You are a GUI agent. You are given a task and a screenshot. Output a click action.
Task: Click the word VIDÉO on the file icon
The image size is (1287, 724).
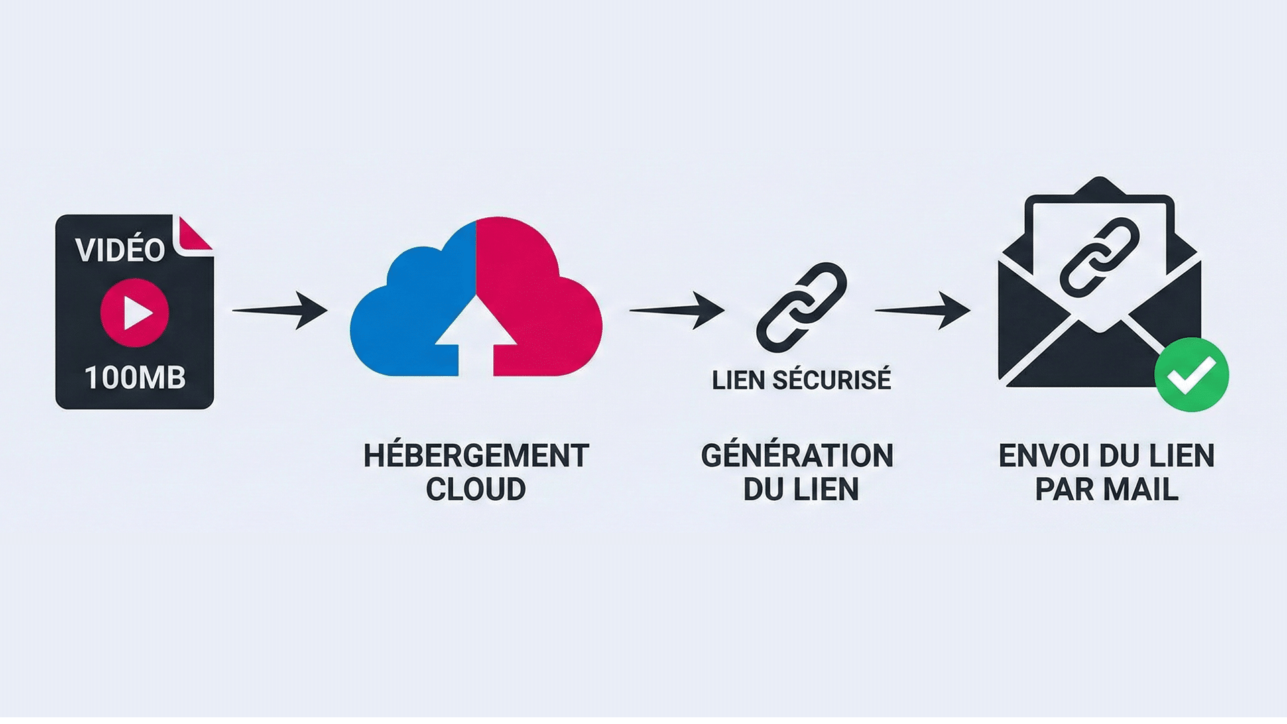[120, 250]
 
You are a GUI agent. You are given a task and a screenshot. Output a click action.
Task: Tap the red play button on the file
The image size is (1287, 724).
[135, 313]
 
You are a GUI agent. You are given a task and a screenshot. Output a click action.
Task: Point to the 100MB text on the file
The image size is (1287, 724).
[135, 377]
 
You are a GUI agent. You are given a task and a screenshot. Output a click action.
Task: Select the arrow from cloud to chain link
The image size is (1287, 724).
[677, 310]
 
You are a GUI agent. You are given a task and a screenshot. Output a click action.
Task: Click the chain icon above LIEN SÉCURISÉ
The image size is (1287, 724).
[802, 307]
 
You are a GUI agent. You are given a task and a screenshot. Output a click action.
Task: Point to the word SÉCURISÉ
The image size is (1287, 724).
[832, 380]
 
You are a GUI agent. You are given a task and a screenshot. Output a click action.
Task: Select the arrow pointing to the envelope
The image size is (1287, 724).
[923, 310]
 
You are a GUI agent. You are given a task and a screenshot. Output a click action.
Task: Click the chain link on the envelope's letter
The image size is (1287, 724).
[1099, 257]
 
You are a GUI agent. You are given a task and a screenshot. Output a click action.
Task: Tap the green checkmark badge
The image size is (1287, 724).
[1191, 375]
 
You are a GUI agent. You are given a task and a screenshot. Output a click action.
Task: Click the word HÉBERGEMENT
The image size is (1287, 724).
[476, 456]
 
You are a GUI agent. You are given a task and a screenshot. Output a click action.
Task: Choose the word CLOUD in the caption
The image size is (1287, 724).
[476, 489]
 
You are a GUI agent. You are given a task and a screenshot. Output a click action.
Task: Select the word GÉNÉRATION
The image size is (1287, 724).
[797, 456]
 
